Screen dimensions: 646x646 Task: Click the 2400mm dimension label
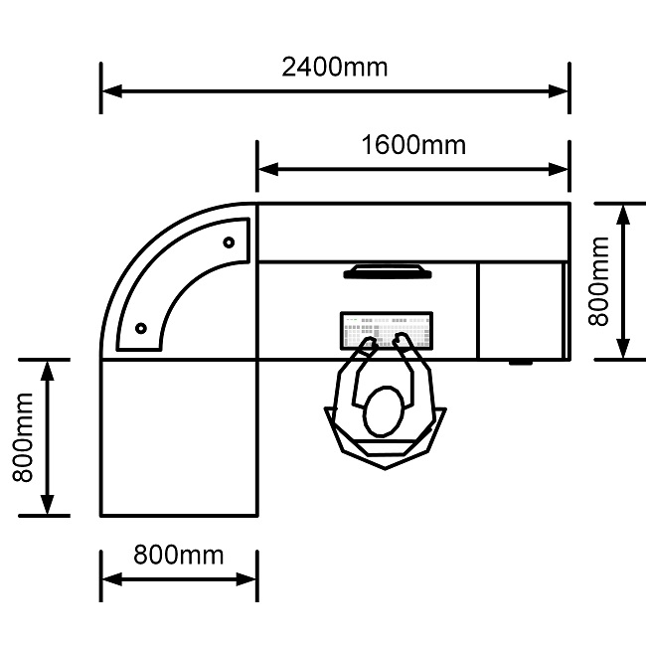[x=335, y=68]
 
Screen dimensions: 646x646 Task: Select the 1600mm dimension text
[x=413, y=145]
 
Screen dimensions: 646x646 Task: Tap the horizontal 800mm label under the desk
[x=180, y=555]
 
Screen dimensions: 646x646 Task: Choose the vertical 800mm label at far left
[x=22, y=437]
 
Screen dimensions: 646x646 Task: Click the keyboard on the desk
[x=387, y=330]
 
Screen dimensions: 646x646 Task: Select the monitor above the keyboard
[x=387, y=270]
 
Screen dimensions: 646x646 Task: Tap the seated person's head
[x=383, y=411]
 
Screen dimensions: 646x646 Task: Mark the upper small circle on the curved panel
[x=229, y=242]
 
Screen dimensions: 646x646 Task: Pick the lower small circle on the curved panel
[x=141, y=327]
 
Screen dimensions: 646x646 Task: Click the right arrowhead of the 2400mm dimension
[x=560, y=91]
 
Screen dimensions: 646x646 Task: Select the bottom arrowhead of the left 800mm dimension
[x=46, y=506]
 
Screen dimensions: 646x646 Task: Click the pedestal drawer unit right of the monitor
[x=521, y=310]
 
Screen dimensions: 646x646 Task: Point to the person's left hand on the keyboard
[x=367, y=347]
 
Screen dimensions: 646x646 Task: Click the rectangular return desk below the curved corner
[x=179, y=437]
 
